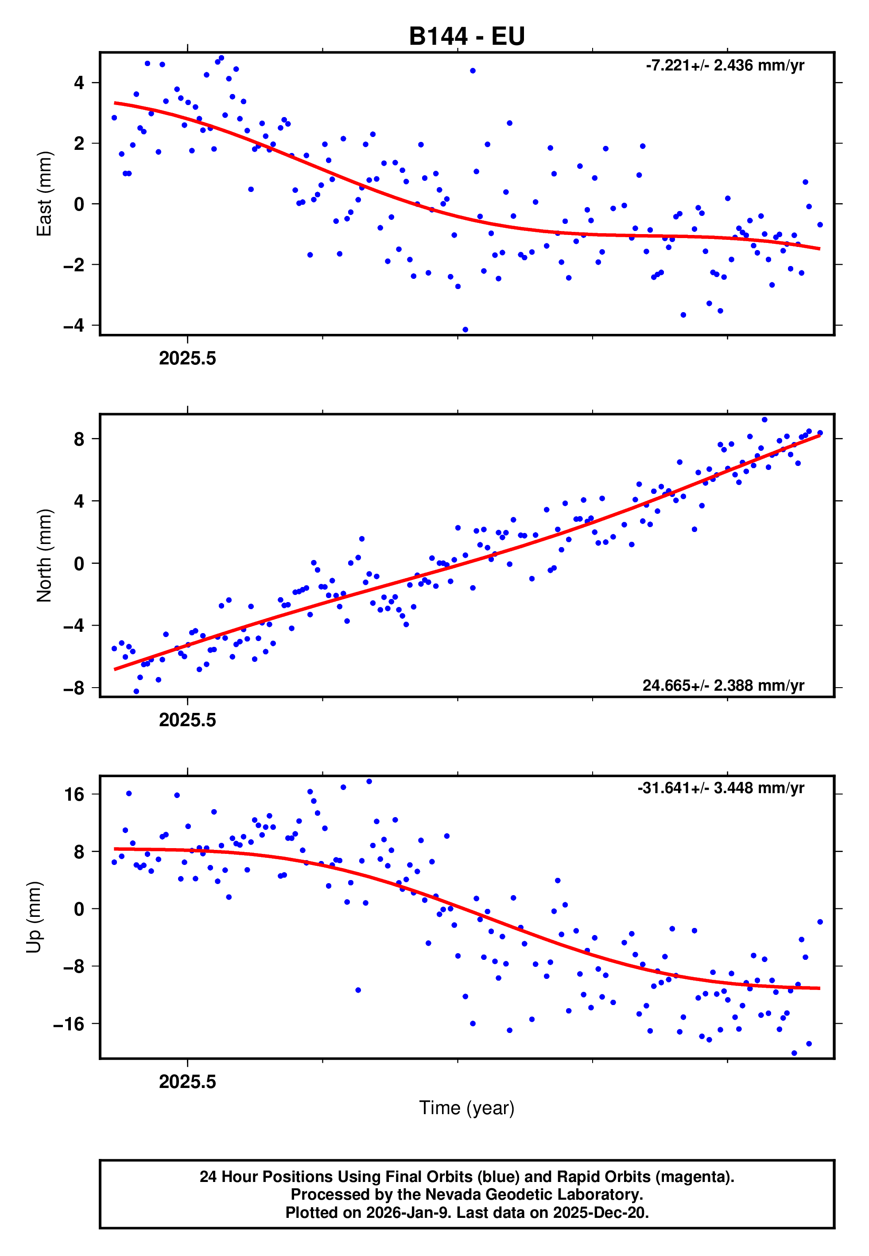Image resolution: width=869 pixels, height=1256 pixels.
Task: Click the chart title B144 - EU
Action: click(467, 36)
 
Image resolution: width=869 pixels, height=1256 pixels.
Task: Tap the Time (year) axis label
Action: click(467, 1108)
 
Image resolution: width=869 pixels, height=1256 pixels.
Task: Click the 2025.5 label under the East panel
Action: click(187, 359)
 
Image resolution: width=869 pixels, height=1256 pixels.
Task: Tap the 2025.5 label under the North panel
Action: click(187, 720)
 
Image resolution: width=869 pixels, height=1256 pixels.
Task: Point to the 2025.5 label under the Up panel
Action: click(187, 1082)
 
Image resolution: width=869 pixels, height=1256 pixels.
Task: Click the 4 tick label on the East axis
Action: click(79, 83)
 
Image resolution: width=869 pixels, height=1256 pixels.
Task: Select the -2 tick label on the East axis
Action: click(74, 265)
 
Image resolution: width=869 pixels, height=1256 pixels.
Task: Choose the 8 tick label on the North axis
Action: click(79, 438)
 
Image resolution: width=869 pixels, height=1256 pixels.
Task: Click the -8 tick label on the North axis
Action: click(74, 688)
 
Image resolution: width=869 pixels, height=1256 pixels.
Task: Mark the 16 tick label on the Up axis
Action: click(74, 794)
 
